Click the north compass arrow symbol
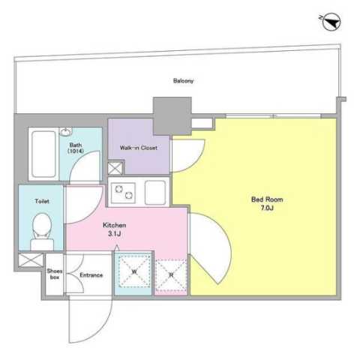[331, 22]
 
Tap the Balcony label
[184, 81]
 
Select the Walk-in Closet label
[139, 148]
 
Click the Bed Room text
[267, 199]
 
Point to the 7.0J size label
[267, 208]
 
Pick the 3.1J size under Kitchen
[115, 234]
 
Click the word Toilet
[42, 201]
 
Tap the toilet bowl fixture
[42, 231]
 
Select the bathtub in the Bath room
[43, 154]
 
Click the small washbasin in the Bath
[66, 131]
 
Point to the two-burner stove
[124, 192]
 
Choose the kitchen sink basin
[155, 192]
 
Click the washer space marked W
[134, 271]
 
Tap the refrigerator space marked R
[171, 275]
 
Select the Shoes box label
[55, 274]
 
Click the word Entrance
[91, 275]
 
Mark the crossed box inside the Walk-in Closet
[115, 168]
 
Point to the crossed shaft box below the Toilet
[31, 260]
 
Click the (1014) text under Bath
[75, 151]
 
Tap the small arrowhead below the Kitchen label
[117, 247]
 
